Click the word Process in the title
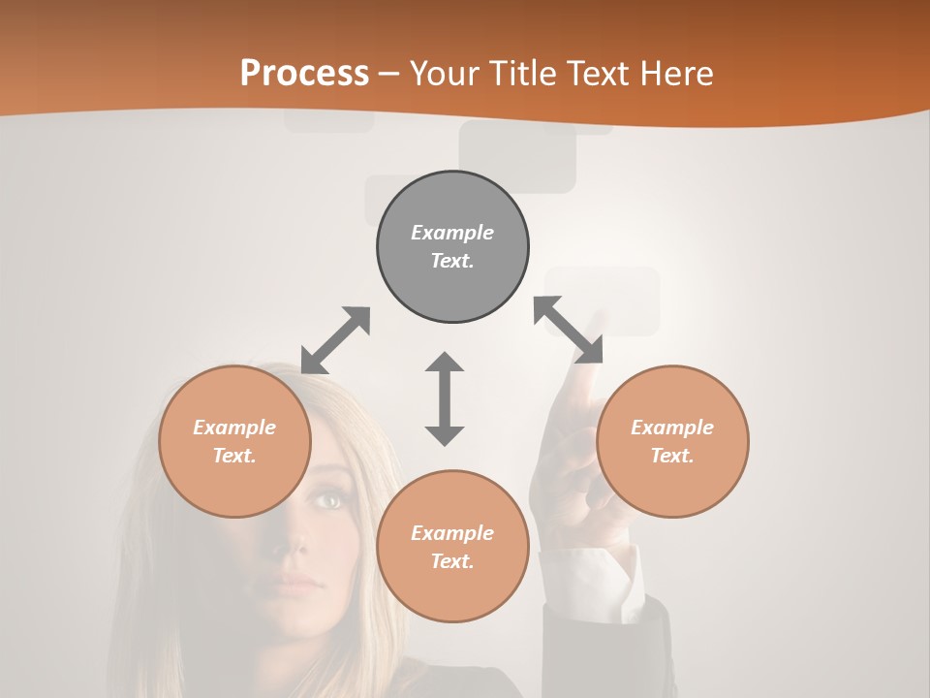pyautogui.click(x=304, y=73)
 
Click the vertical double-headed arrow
pyautogui.click(x=445, y=398)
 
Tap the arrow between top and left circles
pyautogui.click(x=335, y=340)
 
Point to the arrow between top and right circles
pyautogui.click(x=569, y=330)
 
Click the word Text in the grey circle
pyautogui.click(x=451, y=261)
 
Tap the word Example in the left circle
pyautogui.click(x=234, y=428)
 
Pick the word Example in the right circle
pyautogui.click(x=672, y=428)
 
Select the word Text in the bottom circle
pyautogui.click(x=451, y=561)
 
